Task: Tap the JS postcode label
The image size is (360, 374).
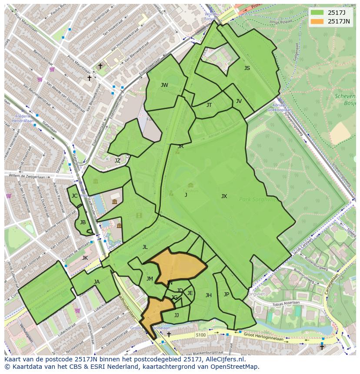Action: click(x=247, y=68)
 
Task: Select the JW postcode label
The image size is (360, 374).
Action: click(x=164, y=85)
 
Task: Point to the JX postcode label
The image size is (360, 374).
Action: click(x=224, y=196)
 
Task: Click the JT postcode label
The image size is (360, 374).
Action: click(x=209, y=105)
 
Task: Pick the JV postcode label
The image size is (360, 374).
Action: click(x=239, y=101)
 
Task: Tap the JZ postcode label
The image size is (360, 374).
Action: click(x=117, y=161)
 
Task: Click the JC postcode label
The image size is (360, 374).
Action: click(x=74, y=196)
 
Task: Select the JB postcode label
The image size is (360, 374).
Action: click(x=83, y=222)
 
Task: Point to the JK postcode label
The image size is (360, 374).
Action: click(x=85, y=258)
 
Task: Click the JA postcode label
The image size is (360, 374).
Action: click(x=97, y=282)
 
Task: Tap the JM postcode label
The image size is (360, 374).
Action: click(x=150, y=279)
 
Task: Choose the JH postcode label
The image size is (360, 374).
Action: click(x=209, y=295)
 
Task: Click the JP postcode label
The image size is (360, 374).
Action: click(x=227, y=295)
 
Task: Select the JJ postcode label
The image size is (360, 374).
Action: click(x=177, y=315)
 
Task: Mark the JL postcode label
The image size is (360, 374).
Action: click(x=145, y=247)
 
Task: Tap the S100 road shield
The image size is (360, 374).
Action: click(x=200, y=335)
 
